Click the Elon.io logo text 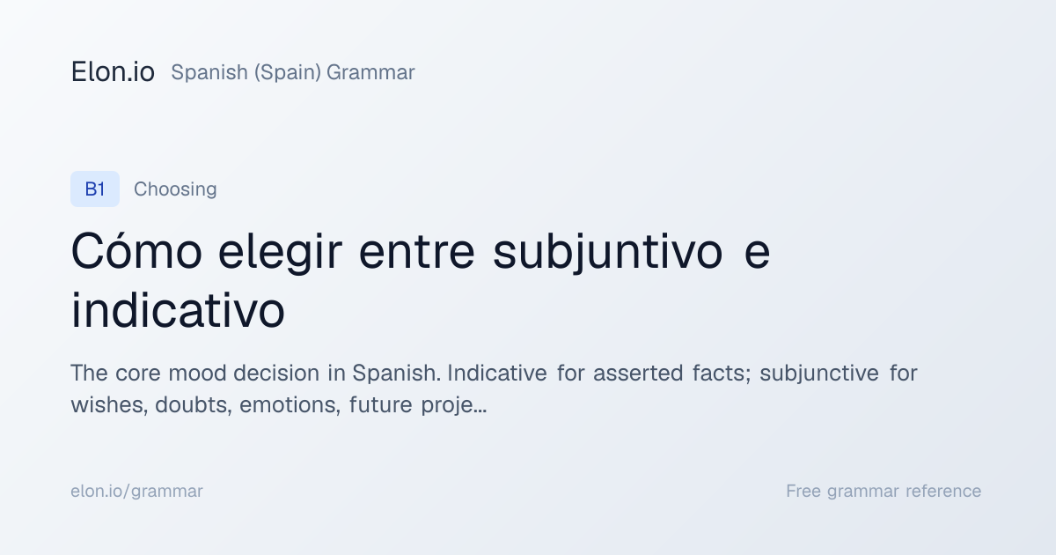click(x=113, y=72)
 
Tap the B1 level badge click(x=95, y=189)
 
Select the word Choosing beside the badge click(x=175, y=189)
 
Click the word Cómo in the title click(x=136, y=251)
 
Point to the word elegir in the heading click(x=280, y=253)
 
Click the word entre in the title click(x=417, y=253)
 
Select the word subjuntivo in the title click(x=608, y=253)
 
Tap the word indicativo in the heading click(x=178, y=310)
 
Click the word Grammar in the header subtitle click(x=370, y=72)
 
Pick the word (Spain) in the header click(x=288, y=72)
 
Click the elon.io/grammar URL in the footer click(x=136, y=492)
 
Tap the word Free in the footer click(x=803, y=491)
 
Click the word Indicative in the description click(x=497, y=373)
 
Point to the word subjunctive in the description click(x=819, y=374)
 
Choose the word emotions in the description click(x=290, y=405)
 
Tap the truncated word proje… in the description click(x=453, y=405)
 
